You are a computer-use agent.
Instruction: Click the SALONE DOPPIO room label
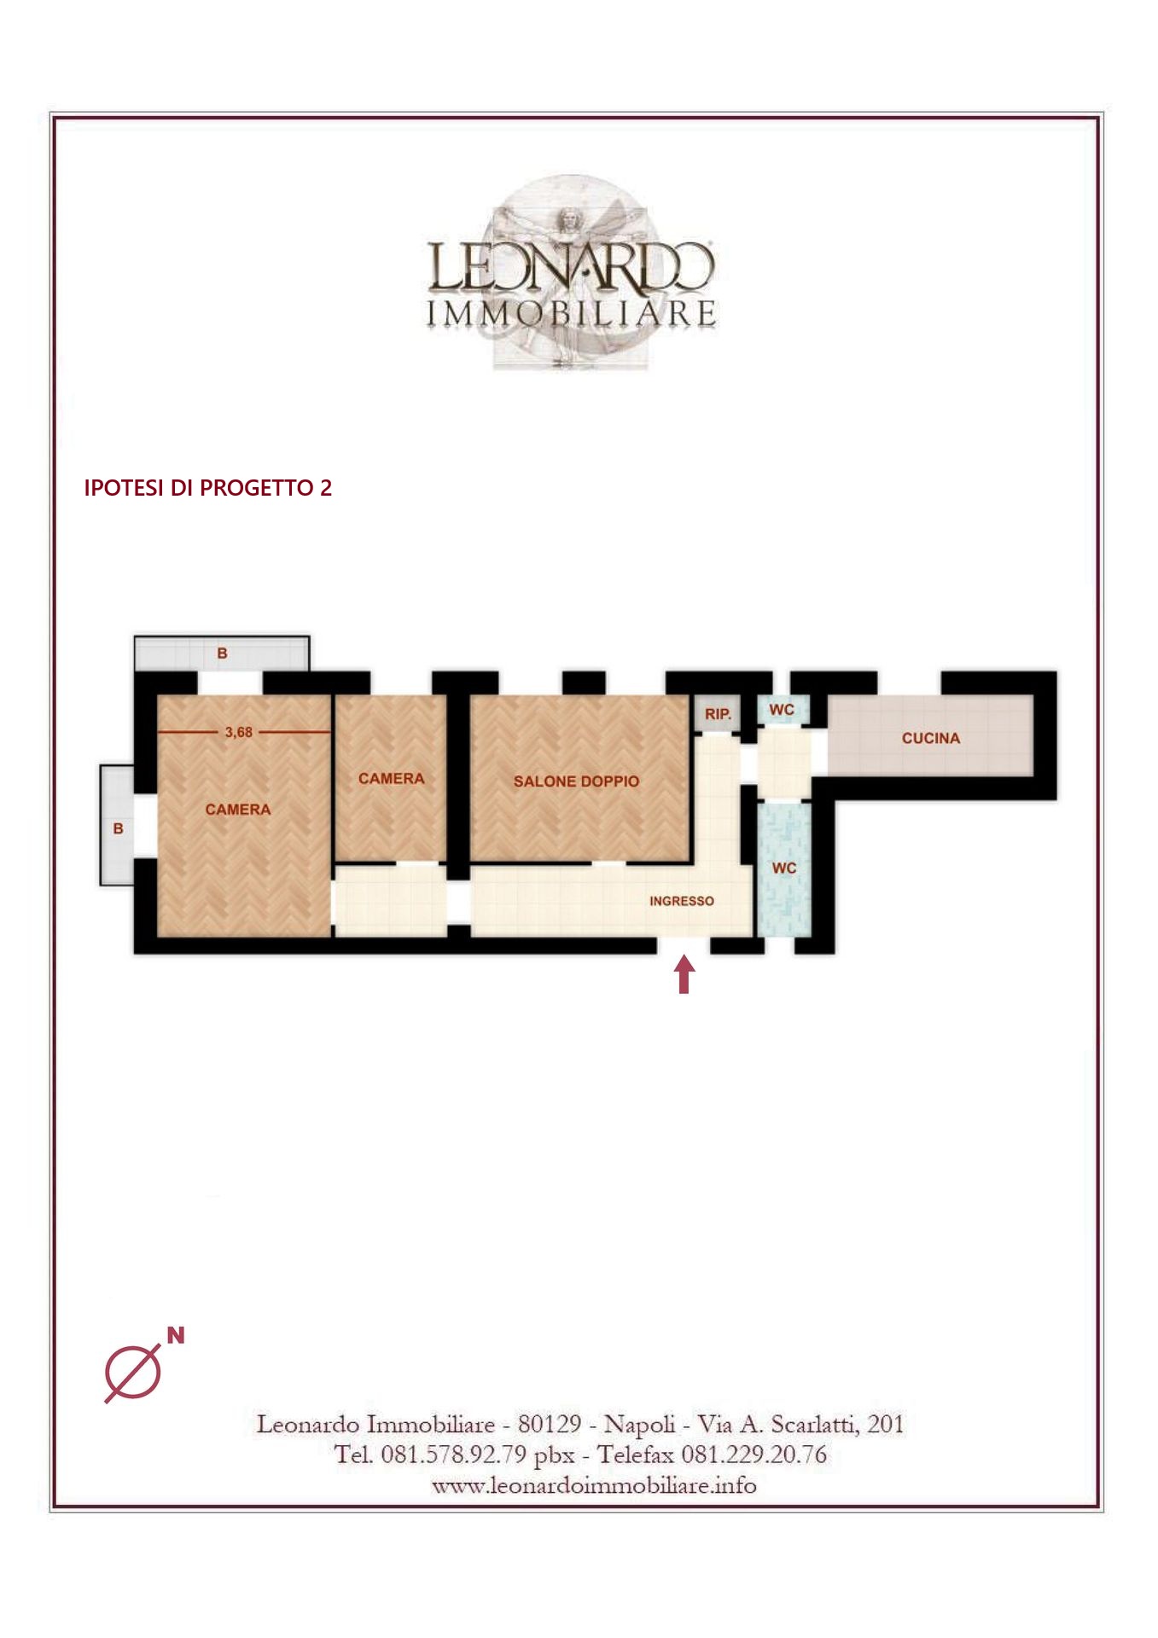(576, 781)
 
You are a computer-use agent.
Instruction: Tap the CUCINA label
(931, 738)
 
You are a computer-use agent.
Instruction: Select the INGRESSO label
(682, 901)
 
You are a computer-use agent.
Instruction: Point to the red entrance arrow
(684, 974)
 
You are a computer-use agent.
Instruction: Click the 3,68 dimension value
(239, 732)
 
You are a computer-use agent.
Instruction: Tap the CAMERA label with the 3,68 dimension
(238, 810)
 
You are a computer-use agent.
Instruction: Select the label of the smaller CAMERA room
(392, 778)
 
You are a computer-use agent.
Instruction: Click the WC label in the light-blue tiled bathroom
(784, 868)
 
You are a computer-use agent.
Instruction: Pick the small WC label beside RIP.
(782, 710)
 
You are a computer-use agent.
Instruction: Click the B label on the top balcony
(223, 653)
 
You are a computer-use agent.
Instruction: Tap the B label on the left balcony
(118, 828)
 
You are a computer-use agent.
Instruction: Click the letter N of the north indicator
(176, 1335)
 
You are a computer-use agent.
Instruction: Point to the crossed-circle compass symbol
(133, 1374)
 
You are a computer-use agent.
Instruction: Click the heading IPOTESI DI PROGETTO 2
(207, 488)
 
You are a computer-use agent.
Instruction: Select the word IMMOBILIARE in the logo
(571, 313)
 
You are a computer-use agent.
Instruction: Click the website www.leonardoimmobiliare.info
(594, 1485)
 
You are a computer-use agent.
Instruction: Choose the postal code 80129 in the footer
(550, 1424)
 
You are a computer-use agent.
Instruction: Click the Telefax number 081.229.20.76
(754, 1454)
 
